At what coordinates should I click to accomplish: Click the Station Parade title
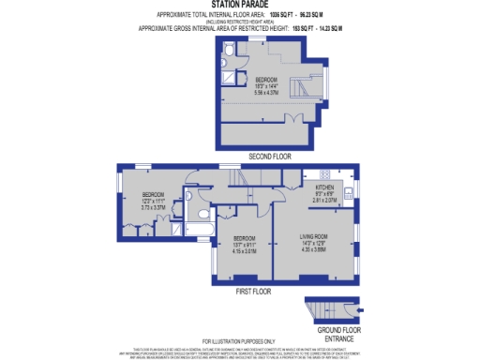(239, 5)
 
